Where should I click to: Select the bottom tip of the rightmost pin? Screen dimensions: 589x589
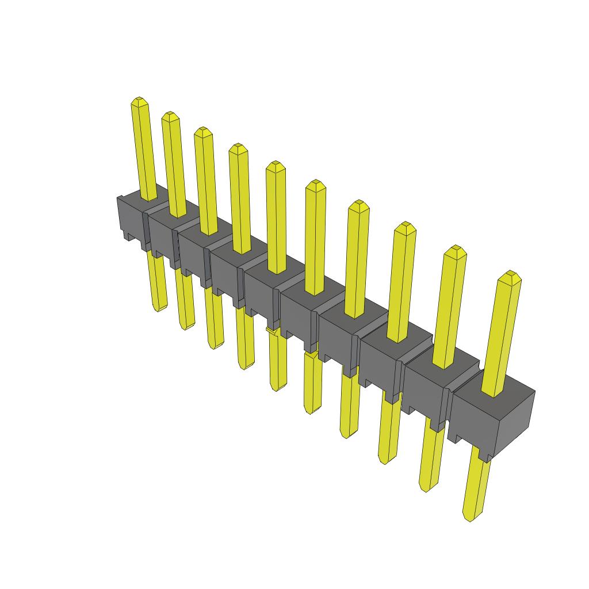[x=471, y=518]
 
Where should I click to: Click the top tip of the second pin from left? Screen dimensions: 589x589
[x=169, y=116]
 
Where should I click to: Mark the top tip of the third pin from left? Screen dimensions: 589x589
[x=202, y=132]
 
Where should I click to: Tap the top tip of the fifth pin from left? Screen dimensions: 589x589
[x=276, y=166]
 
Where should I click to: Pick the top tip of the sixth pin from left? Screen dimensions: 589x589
[x=315, y=185]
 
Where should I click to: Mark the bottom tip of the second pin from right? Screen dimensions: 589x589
[x=425, y=490]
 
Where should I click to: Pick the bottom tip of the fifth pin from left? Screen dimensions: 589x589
[x=277, y=388]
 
